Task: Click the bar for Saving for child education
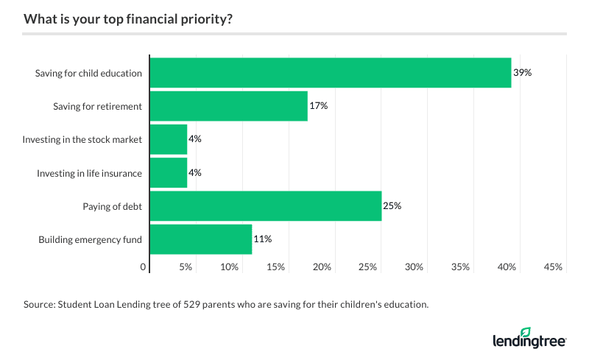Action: pyautogui.click(x=331, y=73)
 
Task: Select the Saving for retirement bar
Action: pyautogui.click(x=228, y=106)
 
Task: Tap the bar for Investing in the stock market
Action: pyautogui.click(x=168, y=139)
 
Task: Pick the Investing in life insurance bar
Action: pyautogui.click(x=168, y=172)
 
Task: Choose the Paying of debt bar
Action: pyautogui.click(x=265, y=206)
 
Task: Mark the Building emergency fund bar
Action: pyautogui.click(x=200, y=239)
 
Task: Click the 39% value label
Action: pyautogui.click(x=522, y=73)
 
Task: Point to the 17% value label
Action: pyautogui.click(x=318, y=106)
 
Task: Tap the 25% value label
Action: pyautogui.click(x=392, y=206)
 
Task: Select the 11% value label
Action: pyautogui.click(x=263, y=239)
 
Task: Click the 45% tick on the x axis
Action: pyautogui.click(x=553, y=267)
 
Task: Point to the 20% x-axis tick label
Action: pyautogui.click(x=321, y=267)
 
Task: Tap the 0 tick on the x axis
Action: pyautogui.click(x=144, y=267)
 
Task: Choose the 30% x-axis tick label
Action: pyautogui.click(x=414, y=267)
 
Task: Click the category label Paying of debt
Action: pyautogui.click(x=112, y=206)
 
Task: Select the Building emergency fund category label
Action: pyautogui.click(x=90, y=239)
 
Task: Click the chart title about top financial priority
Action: pyautogui.click(x=128, y=19)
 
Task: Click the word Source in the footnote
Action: pyautogui.click(x=38, y=303)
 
